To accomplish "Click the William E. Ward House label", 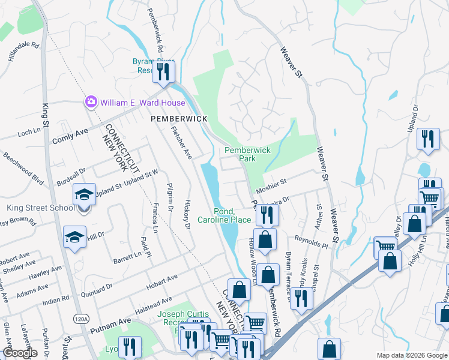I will [x=143, y=103].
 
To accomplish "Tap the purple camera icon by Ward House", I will [x=91, y=102].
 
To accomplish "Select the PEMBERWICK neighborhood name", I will [x=178, y=119].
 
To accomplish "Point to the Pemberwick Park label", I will [x=248, y=154].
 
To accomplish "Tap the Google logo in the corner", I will [x=20, y=353].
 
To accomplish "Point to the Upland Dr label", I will [x=412, y=119].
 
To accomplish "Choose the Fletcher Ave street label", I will [x=181, y=142].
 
